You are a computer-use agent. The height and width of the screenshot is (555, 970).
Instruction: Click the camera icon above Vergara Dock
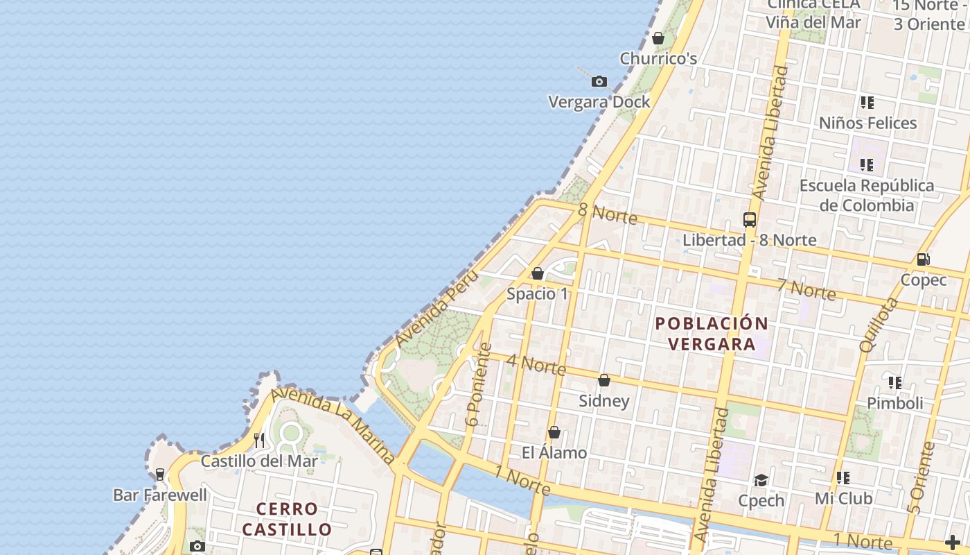coord(599,82)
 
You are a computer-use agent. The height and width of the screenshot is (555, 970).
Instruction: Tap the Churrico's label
coord(658,58)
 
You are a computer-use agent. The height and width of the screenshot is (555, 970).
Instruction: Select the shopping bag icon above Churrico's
coord(658,38)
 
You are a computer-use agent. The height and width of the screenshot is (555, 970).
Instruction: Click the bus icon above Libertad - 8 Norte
coord(749,220)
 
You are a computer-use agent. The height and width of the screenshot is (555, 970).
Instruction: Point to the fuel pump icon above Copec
coord(923,259)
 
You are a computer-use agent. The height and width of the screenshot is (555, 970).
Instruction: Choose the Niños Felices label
coord(867,123)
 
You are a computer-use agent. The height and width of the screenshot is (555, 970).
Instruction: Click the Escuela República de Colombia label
coord(867,195)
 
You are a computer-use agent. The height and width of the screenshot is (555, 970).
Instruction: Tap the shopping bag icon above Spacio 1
coord(537,273)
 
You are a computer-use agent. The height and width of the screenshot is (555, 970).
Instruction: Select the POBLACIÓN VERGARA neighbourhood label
coord(712,334)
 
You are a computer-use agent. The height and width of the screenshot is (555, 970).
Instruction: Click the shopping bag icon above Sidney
coord(604,380)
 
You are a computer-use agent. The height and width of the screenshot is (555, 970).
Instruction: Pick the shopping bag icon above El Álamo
coord(554,432)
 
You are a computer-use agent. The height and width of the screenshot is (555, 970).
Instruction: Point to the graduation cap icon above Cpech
coord(761,480)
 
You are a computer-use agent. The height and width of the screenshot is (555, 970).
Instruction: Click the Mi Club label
coord(843,498)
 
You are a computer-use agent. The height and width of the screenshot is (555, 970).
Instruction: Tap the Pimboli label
coord(894,403)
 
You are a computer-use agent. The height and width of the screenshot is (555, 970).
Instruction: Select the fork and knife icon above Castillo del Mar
coord(258,440)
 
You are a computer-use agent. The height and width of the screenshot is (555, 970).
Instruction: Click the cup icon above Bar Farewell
coord(160,475)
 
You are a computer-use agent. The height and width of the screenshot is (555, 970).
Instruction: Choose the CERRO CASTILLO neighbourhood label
coord(287,519)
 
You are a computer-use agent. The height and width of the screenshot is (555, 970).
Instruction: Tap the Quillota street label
coord(878,325)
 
